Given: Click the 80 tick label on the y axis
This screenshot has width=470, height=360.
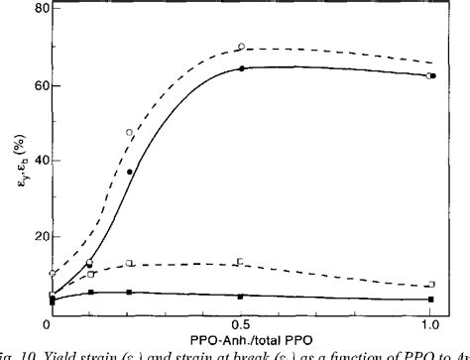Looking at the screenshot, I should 31,9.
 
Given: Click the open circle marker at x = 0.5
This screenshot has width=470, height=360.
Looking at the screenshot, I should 241,47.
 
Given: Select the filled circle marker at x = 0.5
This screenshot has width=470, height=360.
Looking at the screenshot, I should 241,67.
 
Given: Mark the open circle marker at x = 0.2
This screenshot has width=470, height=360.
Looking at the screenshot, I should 129,132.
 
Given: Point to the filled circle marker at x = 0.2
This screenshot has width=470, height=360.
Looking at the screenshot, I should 129,172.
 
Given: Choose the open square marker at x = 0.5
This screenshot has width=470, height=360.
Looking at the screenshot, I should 241,262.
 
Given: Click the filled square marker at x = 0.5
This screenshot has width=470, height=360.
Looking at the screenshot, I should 241,296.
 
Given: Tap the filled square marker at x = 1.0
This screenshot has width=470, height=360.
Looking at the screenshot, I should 430,299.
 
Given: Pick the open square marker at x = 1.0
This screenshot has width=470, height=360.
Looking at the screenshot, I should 430,285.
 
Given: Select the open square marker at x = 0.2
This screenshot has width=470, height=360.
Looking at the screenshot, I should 129,263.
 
